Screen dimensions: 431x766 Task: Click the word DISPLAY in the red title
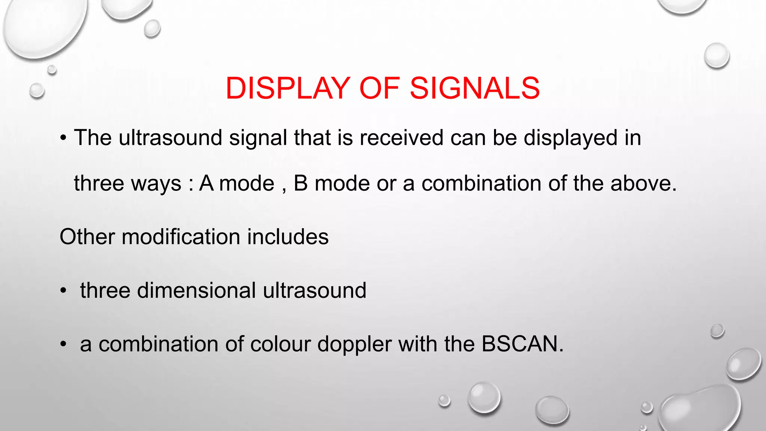(x=288, y=88)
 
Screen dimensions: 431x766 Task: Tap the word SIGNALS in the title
(x=475, y=88)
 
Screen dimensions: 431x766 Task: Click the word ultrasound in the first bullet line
(x=170, y=138)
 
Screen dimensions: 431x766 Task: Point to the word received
(x=401, y=138)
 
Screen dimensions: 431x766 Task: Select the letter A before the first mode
(x=206, y=183)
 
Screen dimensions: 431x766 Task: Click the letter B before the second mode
(x=300, y=183)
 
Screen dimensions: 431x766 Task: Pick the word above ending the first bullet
(x=643, y=183)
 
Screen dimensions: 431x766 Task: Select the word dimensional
(x=196, y=290)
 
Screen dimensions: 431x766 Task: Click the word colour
(x=280, y=344)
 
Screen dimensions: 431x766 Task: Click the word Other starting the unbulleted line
(x=87, y=237)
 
